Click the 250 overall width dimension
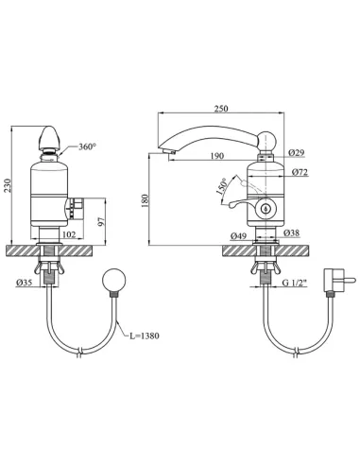tap(221, 109)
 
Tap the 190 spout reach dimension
tap(217, 156)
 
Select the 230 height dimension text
tap(8, 185)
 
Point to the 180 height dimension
tap(145, 200)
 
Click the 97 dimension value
tap(101, 221)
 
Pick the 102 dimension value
tap(69, 234)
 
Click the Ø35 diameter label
tap(24, 283)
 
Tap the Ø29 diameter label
tap(297, 153)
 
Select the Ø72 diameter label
tap(300, 172)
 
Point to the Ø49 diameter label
tap(238, 235)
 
